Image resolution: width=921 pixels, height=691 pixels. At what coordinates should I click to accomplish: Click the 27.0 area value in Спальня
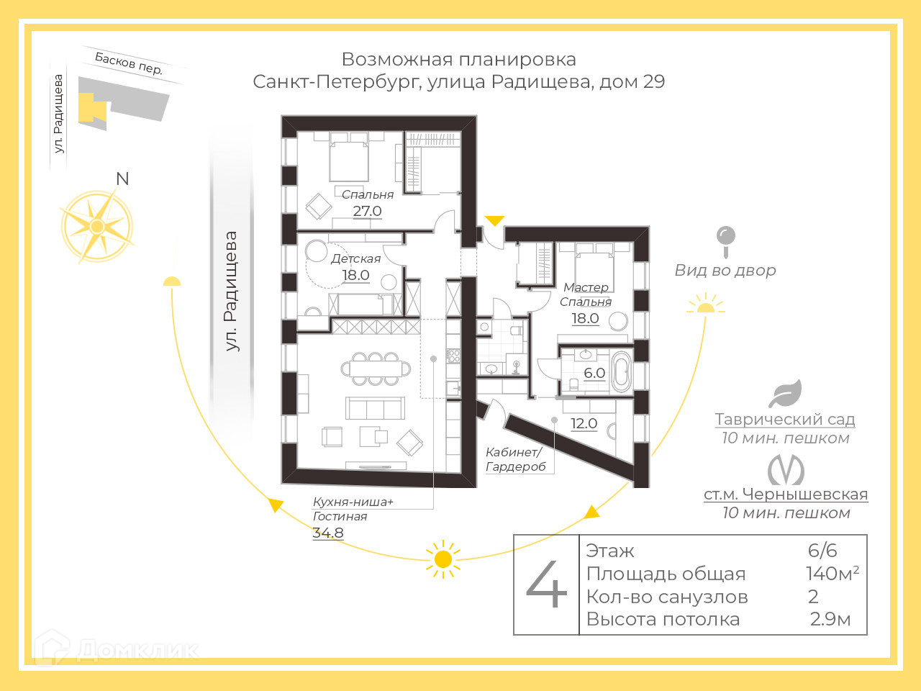367,211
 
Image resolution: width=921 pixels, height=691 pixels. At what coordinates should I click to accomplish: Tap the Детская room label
355,258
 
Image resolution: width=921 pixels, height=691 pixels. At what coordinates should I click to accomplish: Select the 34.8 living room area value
328,533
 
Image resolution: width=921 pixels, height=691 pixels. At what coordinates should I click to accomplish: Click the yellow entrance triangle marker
494,221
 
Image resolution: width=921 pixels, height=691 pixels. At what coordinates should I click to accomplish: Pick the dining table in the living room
375,369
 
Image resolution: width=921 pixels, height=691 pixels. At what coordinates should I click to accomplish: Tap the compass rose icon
97,227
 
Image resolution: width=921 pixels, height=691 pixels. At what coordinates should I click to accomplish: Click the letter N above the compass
122,179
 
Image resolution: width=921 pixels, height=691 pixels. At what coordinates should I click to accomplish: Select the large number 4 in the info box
547,584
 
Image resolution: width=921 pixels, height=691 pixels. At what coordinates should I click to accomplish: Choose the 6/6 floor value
822,551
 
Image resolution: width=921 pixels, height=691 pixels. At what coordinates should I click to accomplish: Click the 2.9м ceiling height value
830,619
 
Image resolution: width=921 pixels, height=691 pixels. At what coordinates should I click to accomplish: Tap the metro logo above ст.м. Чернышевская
786,471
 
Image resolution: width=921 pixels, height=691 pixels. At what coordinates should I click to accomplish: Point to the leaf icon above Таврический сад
785,394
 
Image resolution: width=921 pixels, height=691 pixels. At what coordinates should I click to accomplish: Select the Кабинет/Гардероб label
515,459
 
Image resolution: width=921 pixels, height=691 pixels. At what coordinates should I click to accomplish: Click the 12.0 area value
584,423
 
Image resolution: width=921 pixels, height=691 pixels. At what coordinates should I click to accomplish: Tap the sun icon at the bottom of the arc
443,559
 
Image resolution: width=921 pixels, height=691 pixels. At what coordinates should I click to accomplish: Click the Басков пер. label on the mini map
129,63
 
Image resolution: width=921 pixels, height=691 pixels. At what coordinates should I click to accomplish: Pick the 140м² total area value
832,574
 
